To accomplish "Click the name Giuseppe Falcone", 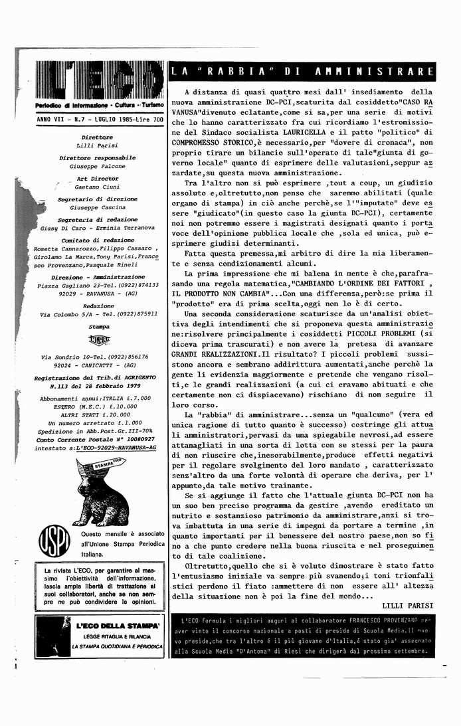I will click(x=97, y=166).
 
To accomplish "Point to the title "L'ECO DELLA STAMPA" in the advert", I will click(x=117, y=626).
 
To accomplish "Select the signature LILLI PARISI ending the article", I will click(x=408, y=605).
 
